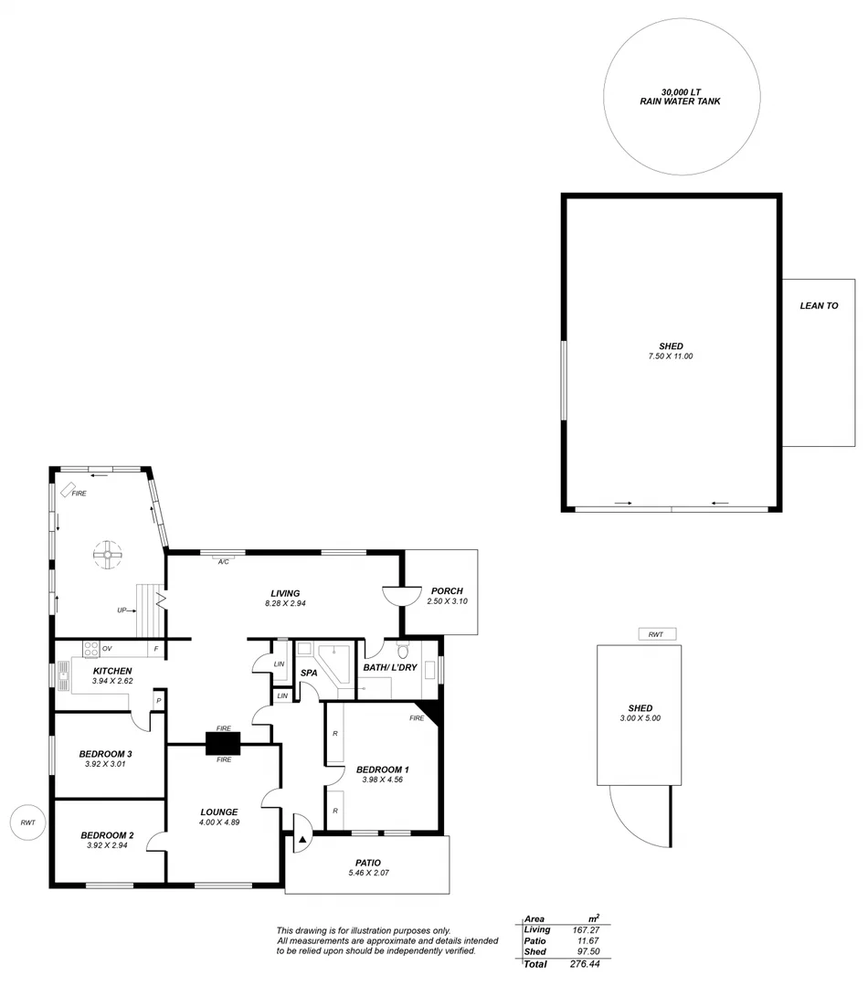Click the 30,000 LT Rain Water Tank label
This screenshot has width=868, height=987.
[x=680, y=96]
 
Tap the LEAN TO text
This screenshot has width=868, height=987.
[x=819, y=306]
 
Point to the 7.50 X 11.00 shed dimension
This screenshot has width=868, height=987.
[x=671, y=356]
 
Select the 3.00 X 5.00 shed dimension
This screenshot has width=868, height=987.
[x=640, y=718]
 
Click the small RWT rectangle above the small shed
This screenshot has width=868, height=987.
[x=655, y=634]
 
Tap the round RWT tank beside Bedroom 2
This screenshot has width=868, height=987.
[x=27, y=822]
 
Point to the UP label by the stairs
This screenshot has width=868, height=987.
[x=122, y=610]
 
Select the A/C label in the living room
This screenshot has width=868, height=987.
[x=223, y=562]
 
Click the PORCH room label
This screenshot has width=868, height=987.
[x=447, y=590]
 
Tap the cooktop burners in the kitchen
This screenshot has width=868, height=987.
[x=91, y=649]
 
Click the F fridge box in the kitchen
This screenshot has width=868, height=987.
[x=156, y=649]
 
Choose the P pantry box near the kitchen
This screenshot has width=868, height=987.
[x=158, y=701]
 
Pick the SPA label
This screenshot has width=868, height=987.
[x=309, y=674]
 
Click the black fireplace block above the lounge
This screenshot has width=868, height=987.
[x=222, y=744]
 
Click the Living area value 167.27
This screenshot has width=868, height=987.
[x=587, y=929]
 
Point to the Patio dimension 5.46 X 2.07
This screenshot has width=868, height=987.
[x=367, y=873]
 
